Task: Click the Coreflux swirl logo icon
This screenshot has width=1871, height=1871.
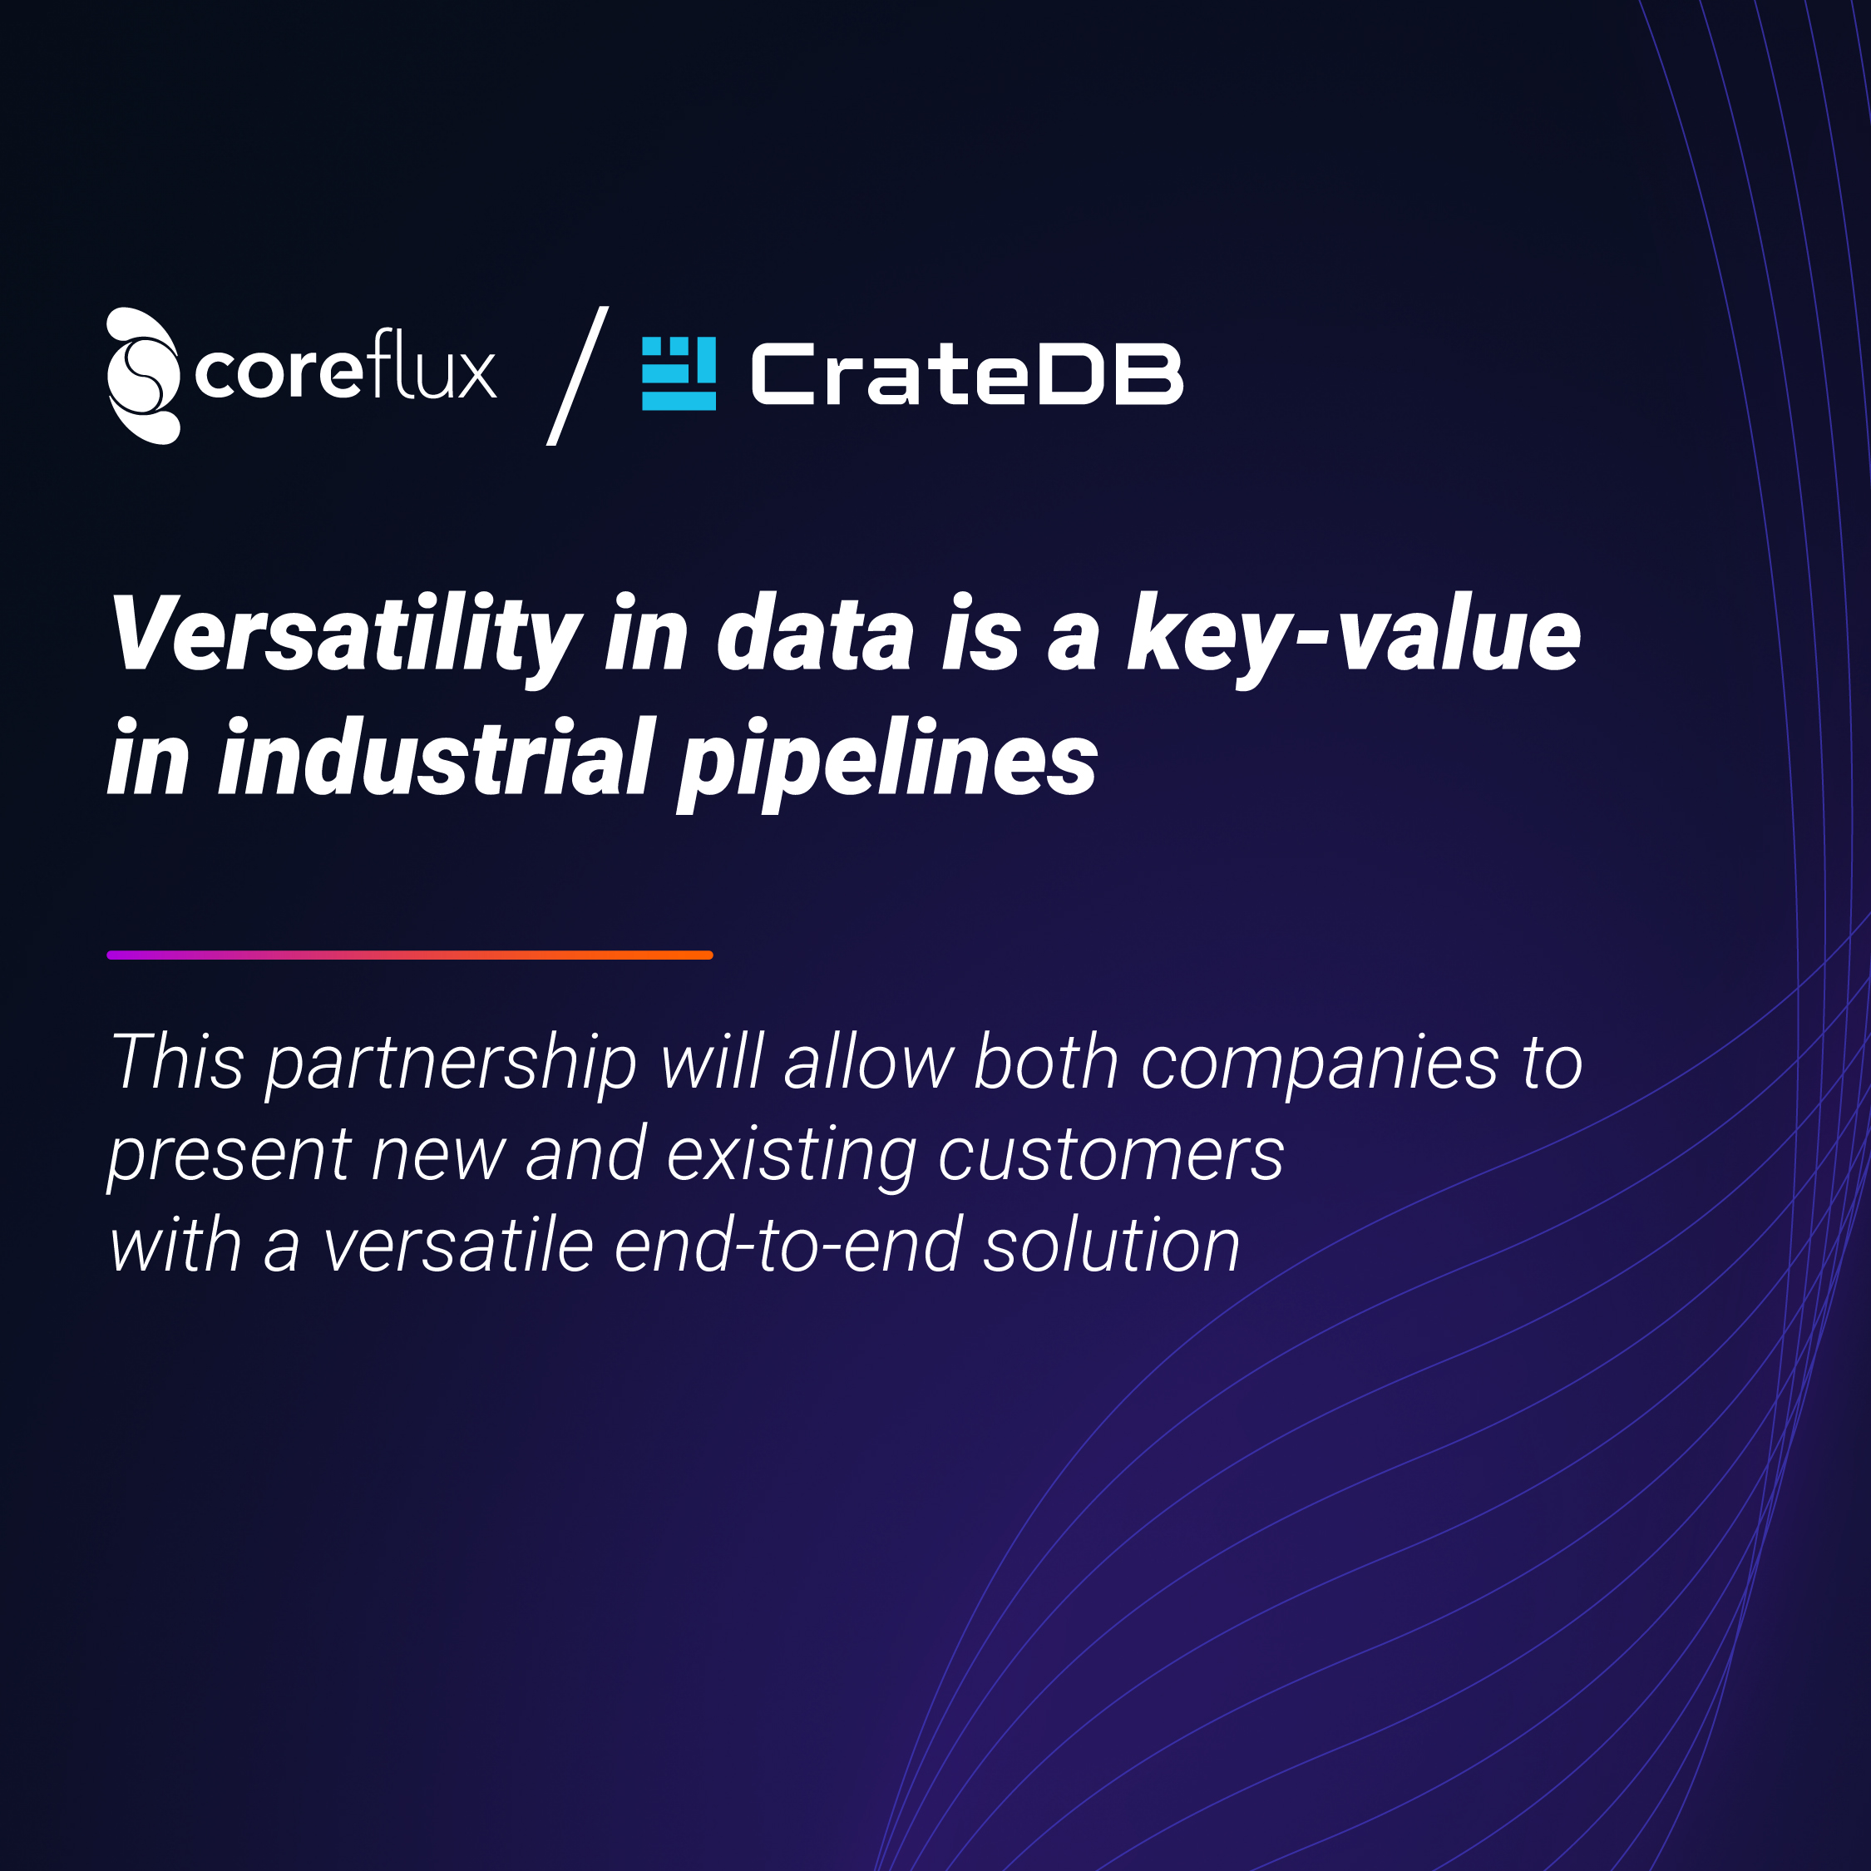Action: [143, 376]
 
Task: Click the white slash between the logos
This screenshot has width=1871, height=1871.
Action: [578, 376]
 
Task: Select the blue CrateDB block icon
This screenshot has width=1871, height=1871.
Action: [679, 374]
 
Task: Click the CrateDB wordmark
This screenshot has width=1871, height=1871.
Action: [967, 374]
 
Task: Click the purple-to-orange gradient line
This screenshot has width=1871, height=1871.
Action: [410, 955]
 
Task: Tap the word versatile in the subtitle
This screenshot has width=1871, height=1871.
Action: [458, 1246]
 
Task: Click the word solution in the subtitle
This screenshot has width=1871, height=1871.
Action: [1112, 1246]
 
